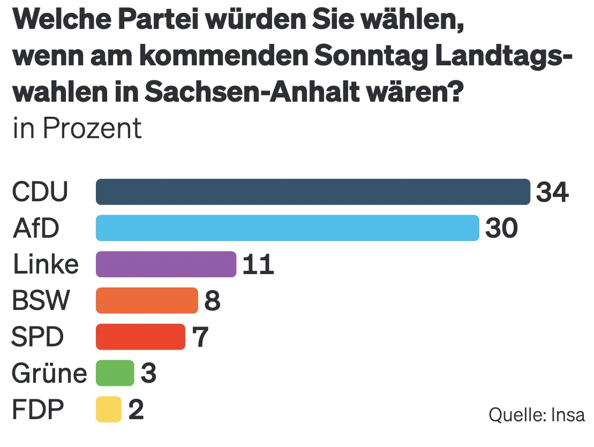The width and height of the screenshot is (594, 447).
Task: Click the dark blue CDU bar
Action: [313, 192]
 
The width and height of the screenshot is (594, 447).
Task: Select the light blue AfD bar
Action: [287, 228]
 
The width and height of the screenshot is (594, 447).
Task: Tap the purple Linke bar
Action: [166, 264]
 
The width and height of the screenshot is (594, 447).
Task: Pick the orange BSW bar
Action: [147, 300]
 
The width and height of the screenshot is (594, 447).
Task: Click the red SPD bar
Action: [140, 337]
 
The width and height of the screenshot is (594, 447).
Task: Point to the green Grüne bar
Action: [115, 373]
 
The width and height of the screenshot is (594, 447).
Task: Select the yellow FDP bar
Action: [109, 410]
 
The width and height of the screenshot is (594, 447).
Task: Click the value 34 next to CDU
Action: [552, 192]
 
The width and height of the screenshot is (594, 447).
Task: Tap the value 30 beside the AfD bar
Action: [501, 229]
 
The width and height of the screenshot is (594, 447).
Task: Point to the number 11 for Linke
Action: [258, 265]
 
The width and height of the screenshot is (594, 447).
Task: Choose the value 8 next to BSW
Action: [212, 301]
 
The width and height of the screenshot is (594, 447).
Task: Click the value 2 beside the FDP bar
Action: [136, 410]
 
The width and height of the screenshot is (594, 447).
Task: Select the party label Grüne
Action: [49, 373]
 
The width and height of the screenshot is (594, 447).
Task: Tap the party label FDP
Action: [37, 410]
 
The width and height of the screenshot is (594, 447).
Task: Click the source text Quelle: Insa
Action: [536, 415]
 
